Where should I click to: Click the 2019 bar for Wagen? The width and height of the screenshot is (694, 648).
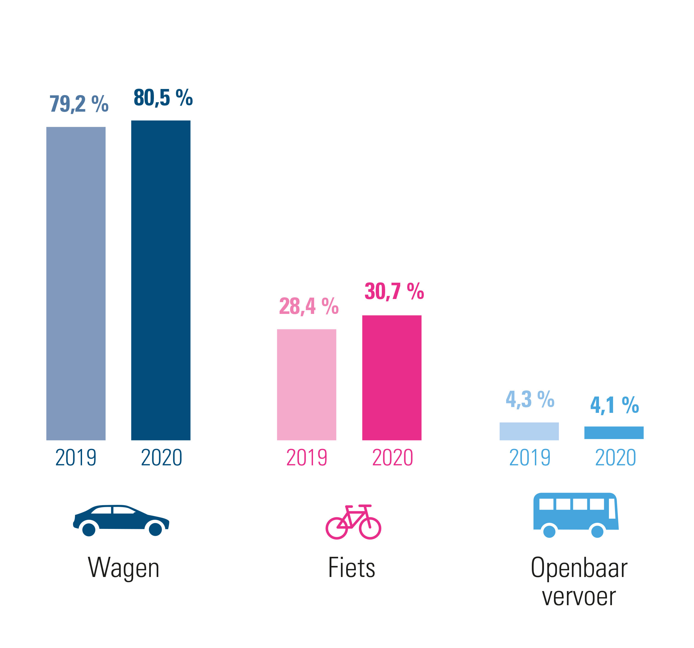(x=76, y=283)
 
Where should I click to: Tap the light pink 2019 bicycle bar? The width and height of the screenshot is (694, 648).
(x=306, y=384)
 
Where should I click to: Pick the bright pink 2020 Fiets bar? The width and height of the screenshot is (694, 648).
(x=392, y=377)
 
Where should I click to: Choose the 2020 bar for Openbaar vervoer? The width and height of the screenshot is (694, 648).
(x=614, y=432)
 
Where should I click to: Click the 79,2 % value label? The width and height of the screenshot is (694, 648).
(x=79, y=104)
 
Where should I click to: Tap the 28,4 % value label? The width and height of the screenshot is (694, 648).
(x=309, y=306)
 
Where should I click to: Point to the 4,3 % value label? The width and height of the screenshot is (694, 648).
(x=530, y=399)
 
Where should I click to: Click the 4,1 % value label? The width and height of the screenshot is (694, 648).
(x=614, y=405)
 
